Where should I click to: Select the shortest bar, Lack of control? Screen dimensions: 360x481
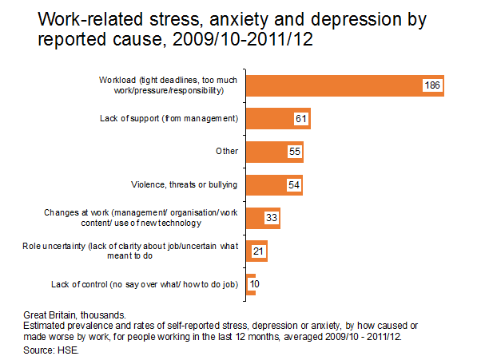[250, 283]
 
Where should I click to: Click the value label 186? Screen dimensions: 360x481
[432, 85]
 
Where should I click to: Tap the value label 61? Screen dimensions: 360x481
[300, 119]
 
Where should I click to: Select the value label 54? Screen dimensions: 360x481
[293, 185]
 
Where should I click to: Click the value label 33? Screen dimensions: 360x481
[271, 218]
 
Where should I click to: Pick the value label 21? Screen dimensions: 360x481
[258, 251]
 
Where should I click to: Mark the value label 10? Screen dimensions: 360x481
[253, 284]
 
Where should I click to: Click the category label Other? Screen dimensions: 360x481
[227, 152]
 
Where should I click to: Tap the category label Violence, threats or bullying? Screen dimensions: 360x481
[184, 185]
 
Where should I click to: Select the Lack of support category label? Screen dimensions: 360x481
[177, 119]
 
